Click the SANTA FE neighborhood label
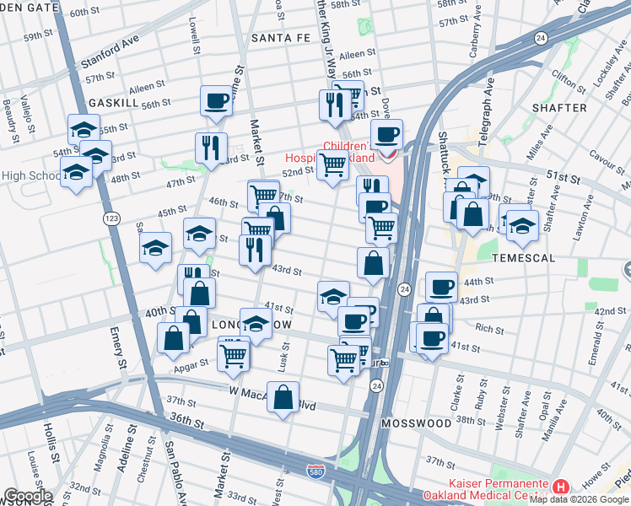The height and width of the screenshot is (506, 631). (282, 38)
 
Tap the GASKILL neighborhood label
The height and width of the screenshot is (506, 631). (113, 101)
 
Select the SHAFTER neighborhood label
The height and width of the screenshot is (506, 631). (559, 108)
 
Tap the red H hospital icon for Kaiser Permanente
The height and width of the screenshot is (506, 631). (561, 487)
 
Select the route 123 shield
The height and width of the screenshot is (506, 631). (111, 218)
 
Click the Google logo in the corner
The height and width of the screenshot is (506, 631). (28, 495)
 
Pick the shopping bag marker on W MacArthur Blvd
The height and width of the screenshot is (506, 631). (283, 396)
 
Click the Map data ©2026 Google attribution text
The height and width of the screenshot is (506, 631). (580, 499)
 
